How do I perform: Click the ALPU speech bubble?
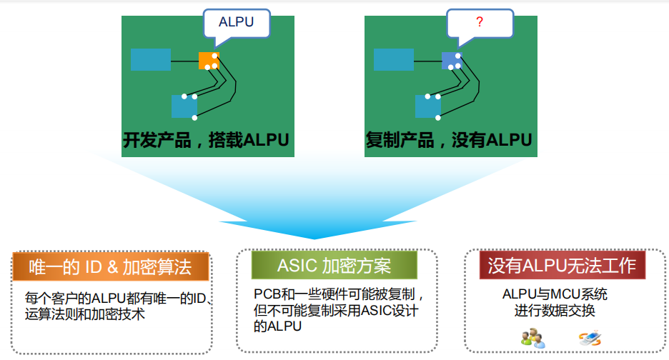[237, 24]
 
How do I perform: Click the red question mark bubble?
[480, 24]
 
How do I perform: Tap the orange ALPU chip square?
[209, 61]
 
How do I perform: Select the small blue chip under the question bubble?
[452, 61]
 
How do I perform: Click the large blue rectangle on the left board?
[151, 60]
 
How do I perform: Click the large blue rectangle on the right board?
[394, 60]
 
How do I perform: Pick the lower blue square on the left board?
[184, 106]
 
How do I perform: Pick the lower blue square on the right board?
[427, 106]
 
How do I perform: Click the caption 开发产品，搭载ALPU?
[206, 140]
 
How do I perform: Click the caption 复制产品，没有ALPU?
[449, 140]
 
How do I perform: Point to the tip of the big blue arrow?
[315, 239]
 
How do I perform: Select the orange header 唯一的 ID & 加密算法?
[111, 266]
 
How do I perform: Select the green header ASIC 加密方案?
[334, 265]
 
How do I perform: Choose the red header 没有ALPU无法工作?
[563, 265]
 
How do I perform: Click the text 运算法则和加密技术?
[85, 314]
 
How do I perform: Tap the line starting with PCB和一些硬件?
[339, 294]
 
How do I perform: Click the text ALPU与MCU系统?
[555, 294]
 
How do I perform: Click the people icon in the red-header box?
[533, 339]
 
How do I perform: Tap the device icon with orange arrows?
[590, 339]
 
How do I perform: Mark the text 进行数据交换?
[555, 310]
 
